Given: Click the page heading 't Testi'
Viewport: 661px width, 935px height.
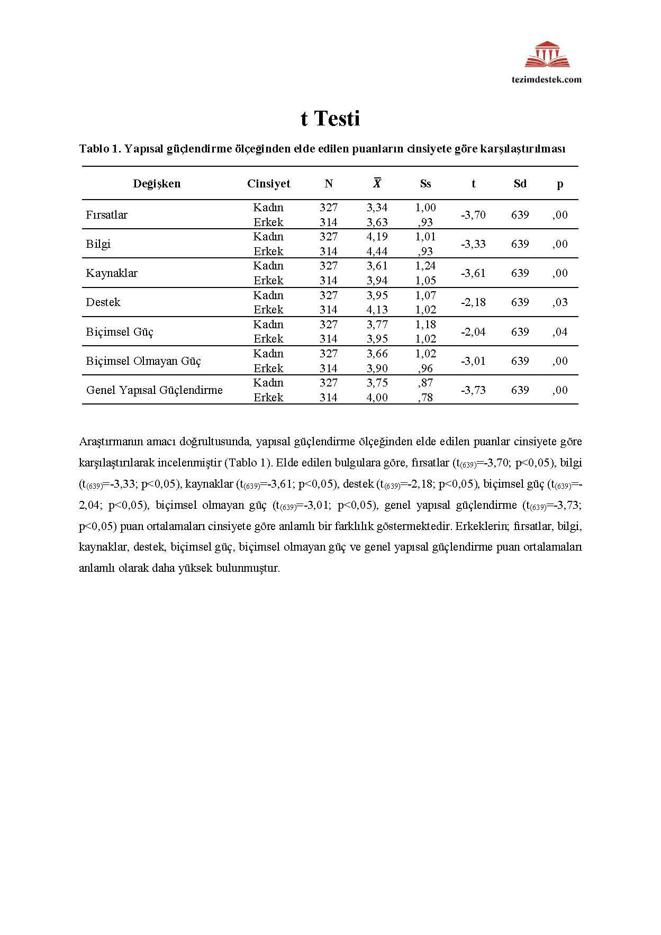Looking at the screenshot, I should coord(330,118).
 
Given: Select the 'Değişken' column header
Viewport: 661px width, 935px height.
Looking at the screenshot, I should coord(157,184).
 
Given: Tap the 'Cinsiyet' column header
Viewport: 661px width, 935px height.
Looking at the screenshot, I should coord(268,184).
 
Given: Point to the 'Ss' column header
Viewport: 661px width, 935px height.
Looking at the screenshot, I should coord(425,184).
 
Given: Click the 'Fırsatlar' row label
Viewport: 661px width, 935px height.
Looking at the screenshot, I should coord(107,215).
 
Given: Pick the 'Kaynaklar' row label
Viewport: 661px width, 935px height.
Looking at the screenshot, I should coord(112,273).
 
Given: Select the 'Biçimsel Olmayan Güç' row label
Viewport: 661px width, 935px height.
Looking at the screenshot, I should coord(143,361).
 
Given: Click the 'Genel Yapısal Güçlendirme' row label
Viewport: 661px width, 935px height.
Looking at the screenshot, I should coord(155,390).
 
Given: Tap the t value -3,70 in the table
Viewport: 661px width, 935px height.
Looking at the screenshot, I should coord(473,215).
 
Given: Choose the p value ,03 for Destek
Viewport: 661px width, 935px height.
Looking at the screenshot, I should coord(560,302).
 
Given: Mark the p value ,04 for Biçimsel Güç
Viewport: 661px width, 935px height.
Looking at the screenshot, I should coord(560,332).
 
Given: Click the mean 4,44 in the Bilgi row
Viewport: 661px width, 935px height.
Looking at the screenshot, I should coord(377,251).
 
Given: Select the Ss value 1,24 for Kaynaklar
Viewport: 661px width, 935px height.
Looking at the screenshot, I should coord(425,266).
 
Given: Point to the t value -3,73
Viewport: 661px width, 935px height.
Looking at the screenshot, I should coord(473,390).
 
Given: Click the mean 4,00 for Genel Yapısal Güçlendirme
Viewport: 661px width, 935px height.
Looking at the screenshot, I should coord(377,398).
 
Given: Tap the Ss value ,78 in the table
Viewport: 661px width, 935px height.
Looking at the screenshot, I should coord(425,398).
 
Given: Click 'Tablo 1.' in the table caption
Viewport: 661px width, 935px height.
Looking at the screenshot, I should coord(100,149).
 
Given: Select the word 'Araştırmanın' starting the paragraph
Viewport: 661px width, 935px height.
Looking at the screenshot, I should coord(108,442).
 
